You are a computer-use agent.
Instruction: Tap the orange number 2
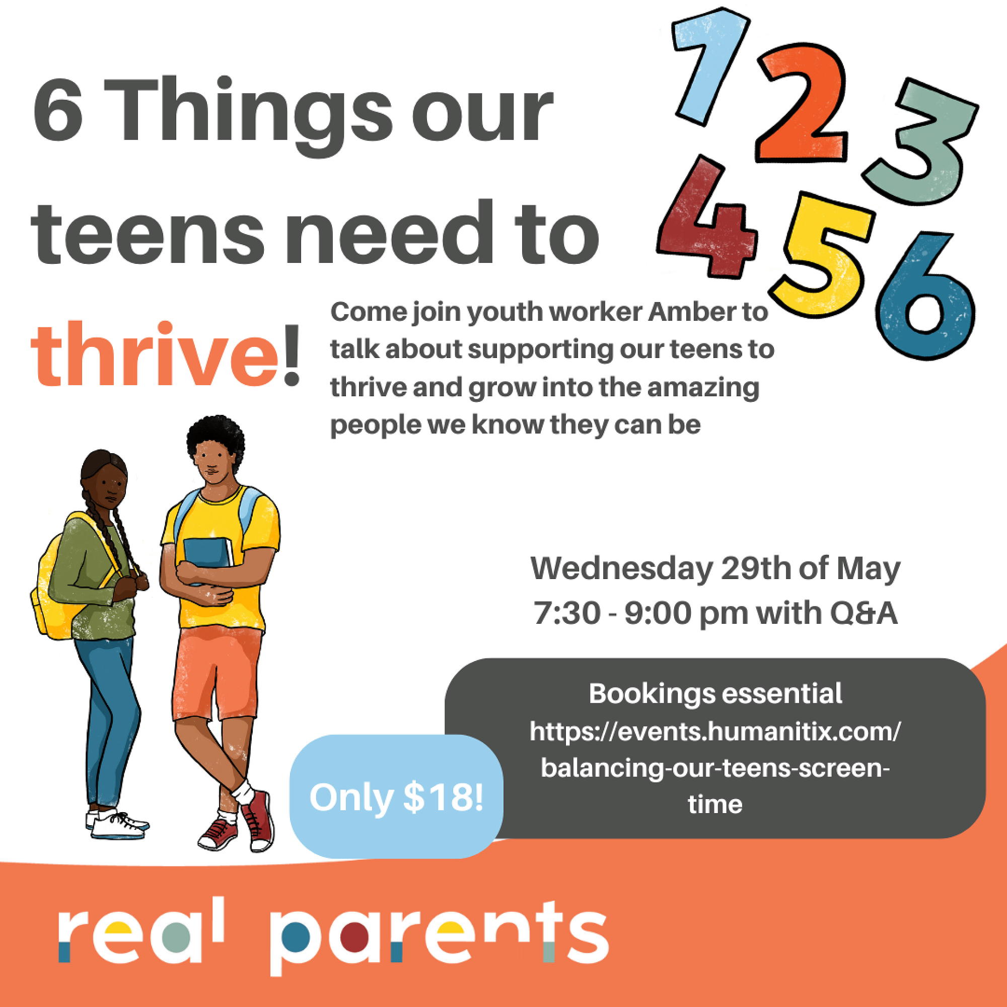(800, 104)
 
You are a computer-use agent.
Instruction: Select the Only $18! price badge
(396, 797)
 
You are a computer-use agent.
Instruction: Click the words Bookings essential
(715, 694)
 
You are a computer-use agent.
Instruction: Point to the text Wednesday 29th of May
(715, 568)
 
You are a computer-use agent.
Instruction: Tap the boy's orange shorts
(217, 672)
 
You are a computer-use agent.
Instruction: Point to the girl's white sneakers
(117, 824)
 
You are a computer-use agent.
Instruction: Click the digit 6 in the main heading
(58, 112)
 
